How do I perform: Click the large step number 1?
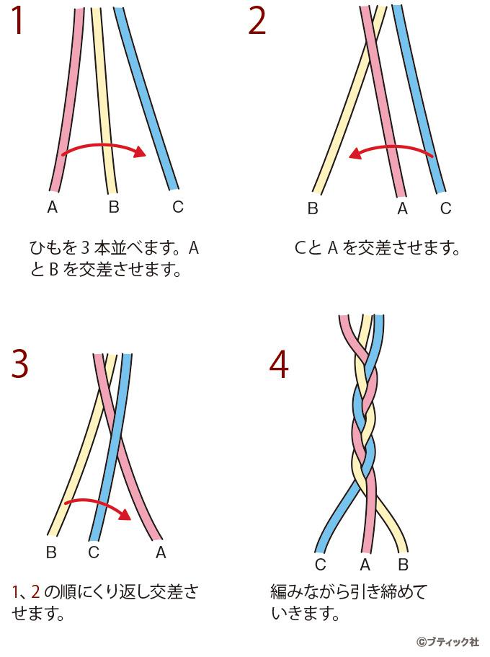[17, 20]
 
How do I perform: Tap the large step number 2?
[257, 20]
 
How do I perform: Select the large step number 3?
[20, 363]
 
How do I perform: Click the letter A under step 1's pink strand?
[53, 206]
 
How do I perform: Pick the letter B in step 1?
[114, 206]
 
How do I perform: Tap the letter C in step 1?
[178, 206]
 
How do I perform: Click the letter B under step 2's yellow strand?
[313, 208]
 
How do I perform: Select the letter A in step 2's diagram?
[403, 208]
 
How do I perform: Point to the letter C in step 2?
[445, 208]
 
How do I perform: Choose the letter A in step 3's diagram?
[161, 552]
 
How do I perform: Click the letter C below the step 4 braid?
[321, 565]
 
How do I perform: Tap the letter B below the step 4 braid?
[403, 565]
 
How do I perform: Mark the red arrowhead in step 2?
[355, 154]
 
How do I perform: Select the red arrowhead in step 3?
[125, 513]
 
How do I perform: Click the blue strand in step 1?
[146, 99]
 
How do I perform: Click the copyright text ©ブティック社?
[447, 642]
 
